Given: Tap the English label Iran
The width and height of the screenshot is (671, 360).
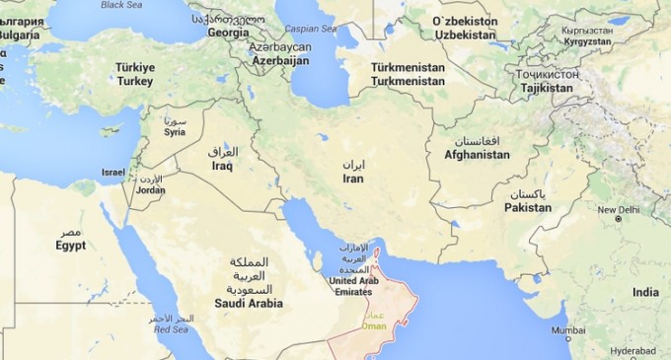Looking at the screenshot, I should coord(352,179).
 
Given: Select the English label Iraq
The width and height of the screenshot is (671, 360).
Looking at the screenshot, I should coord(221,167).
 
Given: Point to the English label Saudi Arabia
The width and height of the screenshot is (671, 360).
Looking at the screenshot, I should coord(248,304).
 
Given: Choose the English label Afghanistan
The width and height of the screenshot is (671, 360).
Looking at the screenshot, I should coord(477,155).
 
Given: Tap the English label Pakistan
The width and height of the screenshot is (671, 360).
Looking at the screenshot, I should coord(528,208).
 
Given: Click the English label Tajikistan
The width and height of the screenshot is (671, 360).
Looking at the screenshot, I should coord(540,88).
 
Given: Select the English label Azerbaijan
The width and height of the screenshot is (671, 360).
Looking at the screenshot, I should coord(279,61).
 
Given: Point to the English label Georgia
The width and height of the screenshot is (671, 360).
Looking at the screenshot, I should coord(228,32).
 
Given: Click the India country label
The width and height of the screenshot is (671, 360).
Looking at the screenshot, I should coord(645,293).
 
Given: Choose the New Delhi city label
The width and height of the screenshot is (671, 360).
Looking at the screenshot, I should coord(618,209).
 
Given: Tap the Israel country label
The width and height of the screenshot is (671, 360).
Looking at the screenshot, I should coord(113,173).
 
